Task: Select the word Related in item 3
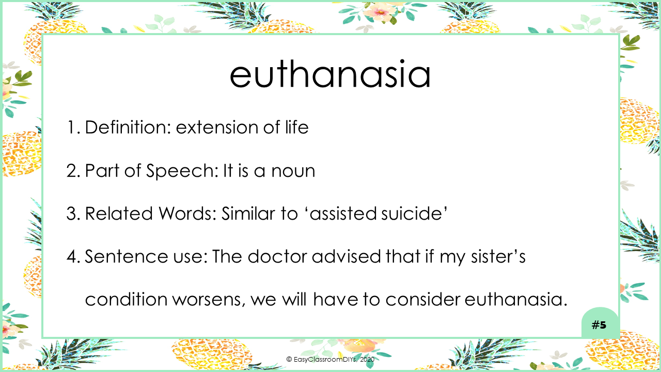pos(119,213)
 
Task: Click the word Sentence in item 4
pos(127,256)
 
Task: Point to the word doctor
pos(277,256)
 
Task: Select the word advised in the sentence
pos(347,256)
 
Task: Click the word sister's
pos(498,256)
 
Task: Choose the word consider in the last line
pos(422,299)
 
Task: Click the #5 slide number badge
pos(599,325)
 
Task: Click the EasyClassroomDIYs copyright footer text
pos(330,359)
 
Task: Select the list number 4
pos(73,256)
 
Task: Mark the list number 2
pos(73,171)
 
